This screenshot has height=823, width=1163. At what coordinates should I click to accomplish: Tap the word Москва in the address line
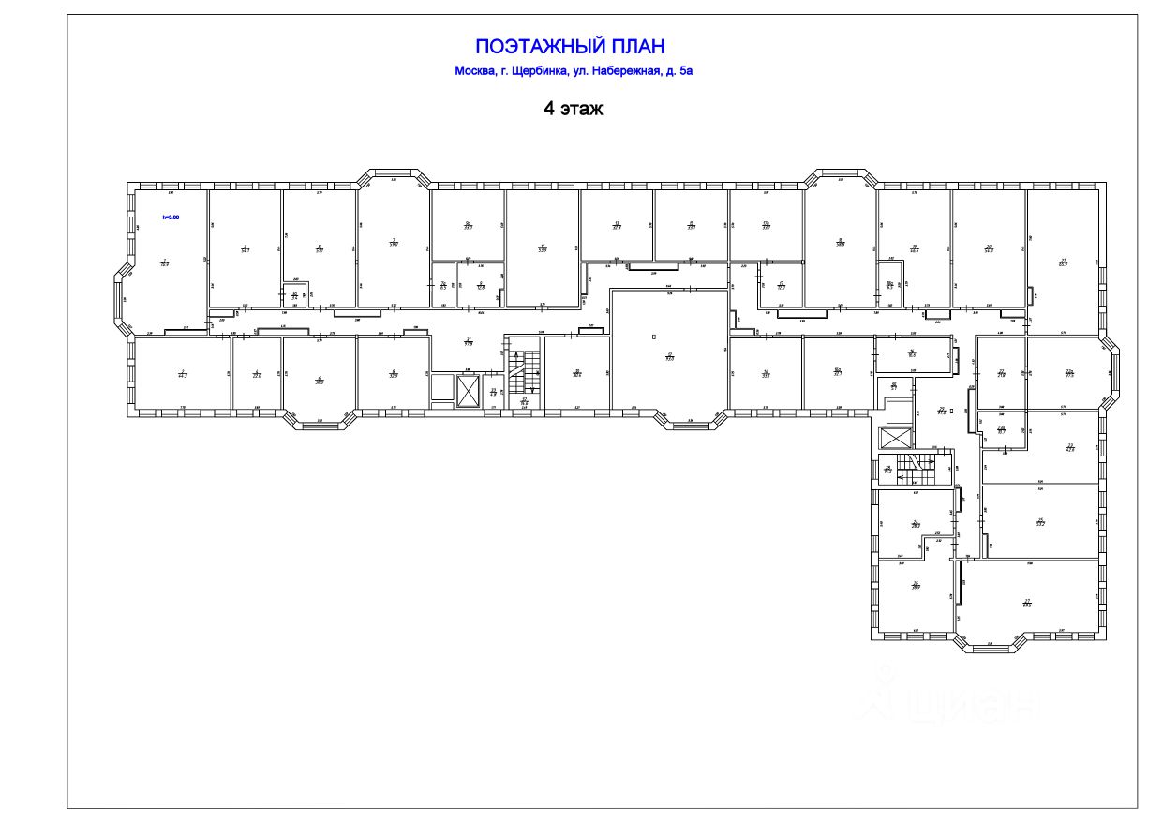(x=475, y=71)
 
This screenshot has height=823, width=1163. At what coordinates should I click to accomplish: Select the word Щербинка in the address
(x=538, y=71)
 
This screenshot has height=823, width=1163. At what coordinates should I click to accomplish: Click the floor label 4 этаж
(x=574, y=109)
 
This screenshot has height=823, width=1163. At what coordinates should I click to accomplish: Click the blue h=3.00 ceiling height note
(x=170, y=217)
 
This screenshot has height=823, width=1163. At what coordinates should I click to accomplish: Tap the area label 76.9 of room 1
(x=164, y=264)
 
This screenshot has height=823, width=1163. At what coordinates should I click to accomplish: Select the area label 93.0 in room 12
(x=670, y=357)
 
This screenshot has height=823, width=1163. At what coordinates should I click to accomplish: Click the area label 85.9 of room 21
(x=1063, y=263)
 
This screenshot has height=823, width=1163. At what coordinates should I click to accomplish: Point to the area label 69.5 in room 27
(x=1027, y=605)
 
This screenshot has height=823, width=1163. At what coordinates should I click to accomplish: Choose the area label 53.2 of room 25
(x=1039, y=524)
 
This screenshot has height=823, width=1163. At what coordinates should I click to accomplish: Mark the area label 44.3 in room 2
(x=183, y=375)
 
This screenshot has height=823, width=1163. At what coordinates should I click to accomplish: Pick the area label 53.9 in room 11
(x=542, y=249)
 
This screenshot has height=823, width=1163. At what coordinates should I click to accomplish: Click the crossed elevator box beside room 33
(x=466, y=392)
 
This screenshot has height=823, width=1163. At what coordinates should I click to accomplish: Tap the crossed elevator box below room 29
(x=896, y=438)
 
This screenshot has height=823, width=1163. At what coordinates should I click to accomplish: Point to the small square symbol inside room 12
(x=654, y=336)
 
